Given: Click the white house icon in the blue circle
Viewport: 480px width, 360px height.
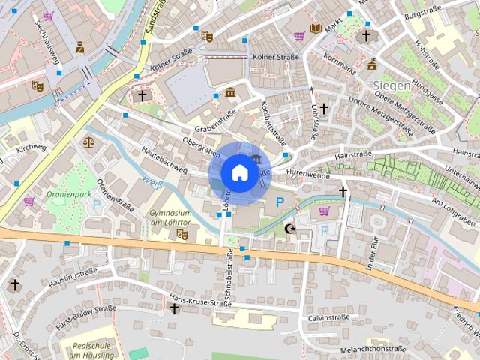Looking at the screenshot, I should click(x=238, y=172).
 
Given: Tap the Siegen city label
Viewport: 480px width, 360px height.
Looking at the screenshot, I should click(x=391, y=85).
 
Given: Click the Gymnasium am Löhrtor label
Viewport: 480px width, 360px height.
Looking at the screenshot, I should click(x=172, y=217).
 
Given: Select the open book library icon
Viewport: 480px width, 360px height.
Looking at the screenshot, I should click(x=316, y=29).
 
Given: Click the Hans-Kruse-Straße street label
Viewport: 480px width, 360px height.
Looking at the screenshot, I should click(x=200, y=301).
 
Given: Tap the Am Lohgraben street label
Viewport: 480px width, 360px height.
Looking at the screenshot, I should click(x=454, y=207).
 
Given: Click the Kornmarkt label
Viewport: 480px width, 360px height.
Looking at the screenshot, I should click(x=340, y=64).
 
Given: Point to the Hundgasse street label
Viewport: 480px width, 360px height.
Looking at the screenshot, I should click(x=427, y=89).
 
